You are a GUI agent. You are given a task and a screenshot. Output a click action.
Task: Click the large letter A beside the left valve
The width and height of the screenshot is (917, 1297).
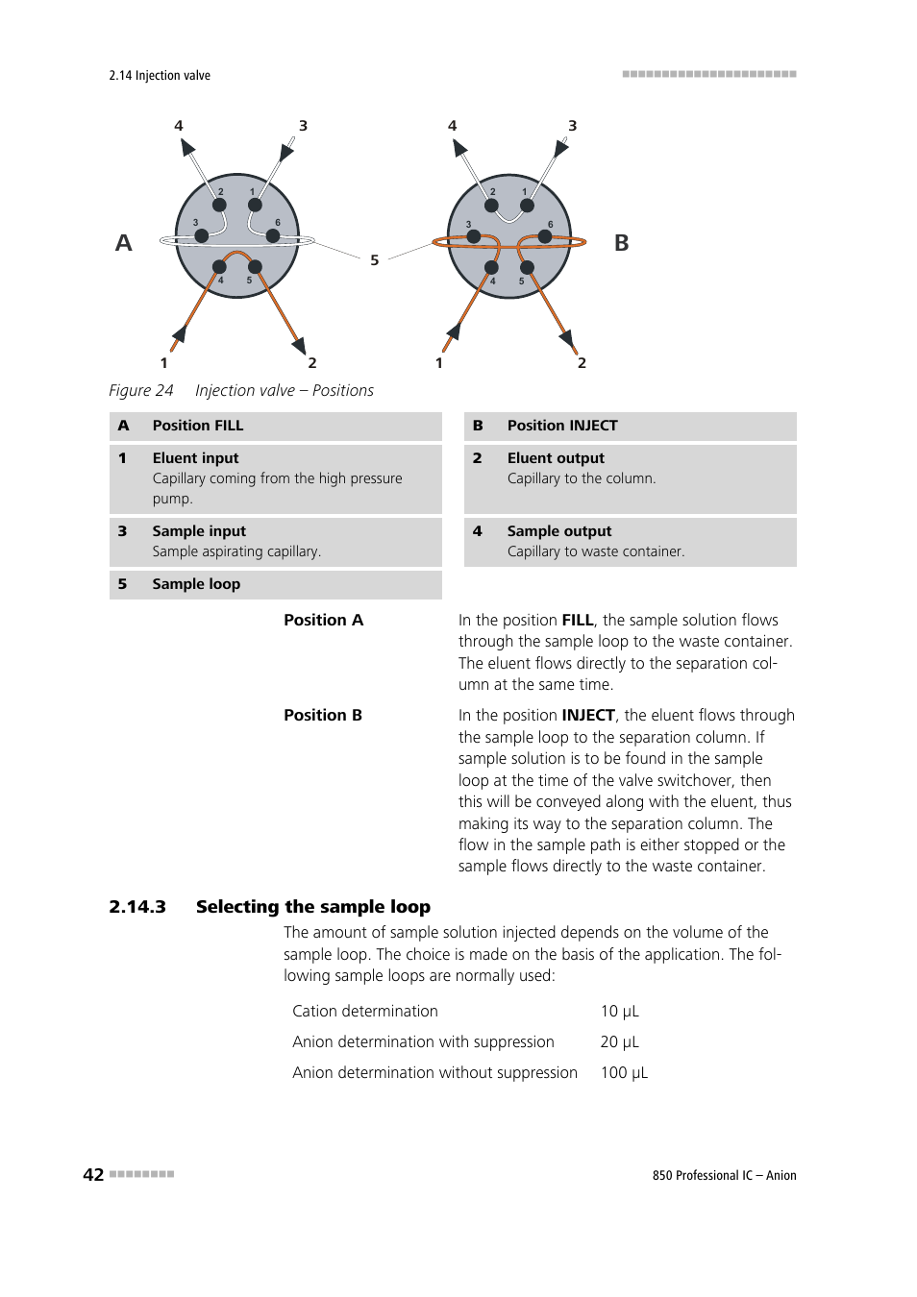(x=124, y=243)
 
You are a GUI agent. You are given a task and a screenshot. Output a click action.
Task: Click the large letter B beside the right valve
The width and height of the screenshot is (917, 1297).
(x=622, y=243)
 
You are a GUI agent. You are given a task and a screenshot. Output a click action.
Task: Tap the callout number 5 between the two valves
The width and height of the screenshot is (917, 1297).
(x=375, y=260)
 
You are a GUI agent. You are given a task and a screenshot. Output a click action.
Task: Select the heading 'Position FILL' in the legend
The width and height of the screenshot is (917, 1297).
(x=197, y=426)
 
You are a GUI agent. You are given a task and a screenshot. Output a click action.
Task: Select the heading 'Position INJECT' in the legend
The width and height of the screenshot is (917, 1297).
(x=562, y=426)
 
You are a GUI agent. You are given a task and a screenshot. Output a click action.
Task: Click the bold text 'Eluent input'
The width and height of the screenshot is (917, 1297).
(x=195, y=458)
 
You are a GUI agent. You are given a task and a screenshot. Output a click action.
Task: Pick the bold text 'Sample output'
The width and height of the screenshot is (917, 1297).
(x=559, y=531)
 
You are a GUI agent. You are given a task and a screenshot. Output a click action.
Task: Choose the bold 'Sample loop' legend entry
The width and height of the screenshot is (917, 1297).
(x=196, y=584)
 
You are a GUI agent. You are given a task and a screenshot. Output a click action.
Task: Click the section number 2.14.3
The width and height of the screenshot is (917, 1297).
(x=137, y=907)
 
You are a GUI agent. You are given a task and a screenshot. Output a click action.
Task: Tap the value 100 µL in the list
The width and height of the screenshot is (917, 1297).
(x=624, y=1073)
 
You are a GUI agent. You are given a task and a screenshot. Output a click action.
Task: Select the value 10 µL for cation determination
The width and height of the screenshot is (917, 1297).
(x=619, y=1012)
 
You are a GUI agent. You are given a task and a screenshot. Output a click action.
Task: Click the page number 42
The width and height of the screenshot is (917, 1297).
(x=93, y=1175)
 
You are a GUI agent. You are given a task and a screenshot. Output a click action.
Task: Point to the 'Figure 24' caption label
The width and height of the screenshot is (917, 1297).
(x=141, y=391)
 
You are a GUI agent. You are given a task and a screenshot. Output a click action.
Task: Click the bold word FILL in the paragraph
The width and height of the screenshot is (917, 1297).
(x=577, y=621)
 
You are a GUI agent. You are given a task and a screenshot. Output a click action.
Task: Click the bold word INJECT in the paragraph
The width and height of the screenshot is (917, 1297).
(x=588, y=716)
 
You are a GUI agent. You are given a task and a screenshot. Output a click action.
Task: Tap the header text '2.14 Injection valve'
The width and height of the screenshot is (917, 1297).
(x=160, y=76)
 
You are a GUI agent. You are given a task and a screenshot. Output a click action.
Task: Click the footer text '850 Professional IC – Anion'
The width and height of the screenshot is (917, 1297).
(x=724, y=1176)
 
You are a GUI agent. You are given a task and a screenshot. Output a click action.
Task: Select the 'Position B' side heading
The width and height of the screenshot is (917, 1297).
(x=323, y=716)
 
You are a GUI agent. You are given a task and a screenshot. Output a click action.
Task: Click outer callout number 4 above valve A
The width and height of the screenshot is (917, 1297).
(x=179, y=126)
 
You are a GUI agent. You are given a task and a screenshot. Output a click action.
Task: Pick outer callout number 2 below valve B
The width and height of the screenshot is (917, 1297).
(x=582, y=363)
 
